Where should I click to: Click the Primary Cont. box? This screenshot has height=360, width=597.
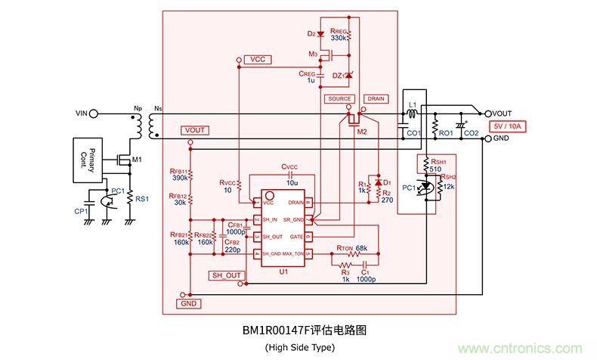coord(88,160)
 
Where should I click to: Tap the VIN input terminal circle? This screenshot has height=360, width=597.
coord(93,113)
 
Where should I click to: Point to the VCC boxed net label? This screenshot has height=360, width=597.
coord(256,59)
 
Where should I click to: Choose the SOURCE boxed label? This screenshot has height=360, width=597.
coord(340,99)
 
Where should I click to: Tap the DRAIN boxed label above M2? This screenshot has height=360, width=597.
coord(375,99)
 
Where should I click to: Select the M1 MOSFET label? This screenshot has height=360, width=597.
coord(136,160)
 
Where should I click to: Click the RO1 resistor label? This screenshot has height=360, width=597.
coord(445,133)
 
